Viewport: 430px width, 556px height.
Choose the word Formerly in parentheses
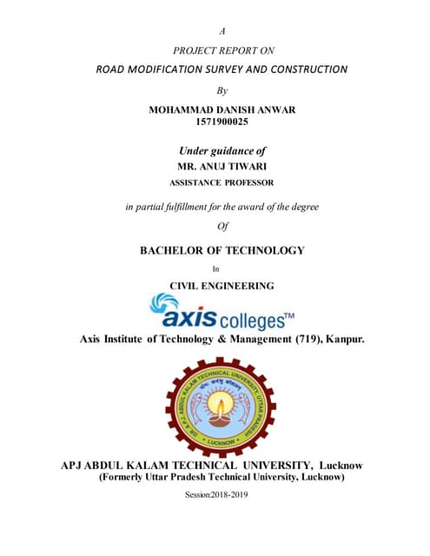[x=126, y=477]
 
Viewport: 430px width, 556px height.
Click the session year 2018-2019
[x=235, y=495]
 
